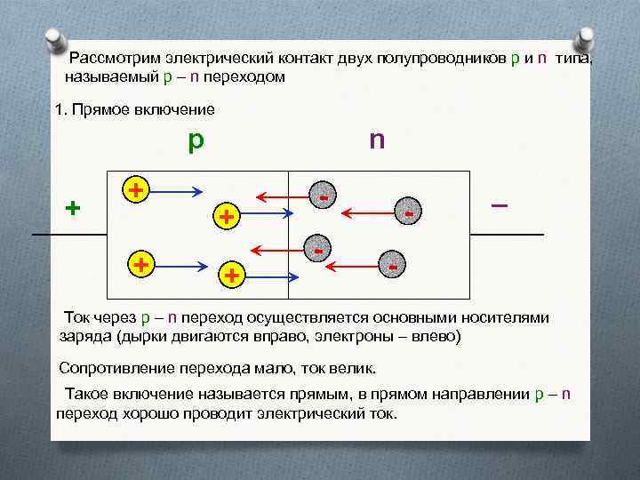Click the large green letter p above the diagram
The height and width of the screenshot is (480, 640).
(196, 141)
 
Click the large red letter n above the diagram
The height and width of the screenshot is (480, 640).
(377, 140)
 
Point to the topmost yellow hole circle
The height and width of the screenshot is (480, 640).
(135, 189)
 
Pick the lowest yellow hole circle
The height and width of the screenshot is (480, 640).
(230, 275)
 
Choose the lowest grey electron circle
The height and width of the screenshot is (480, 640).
(392, 266)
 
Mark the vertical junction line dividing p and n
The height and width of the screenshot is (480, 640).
(289, 236)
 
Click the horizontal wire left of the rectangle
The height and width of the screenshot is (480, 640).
(69, 234)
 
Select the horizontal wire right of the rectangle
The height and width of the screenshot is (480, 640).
(507, 234)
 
